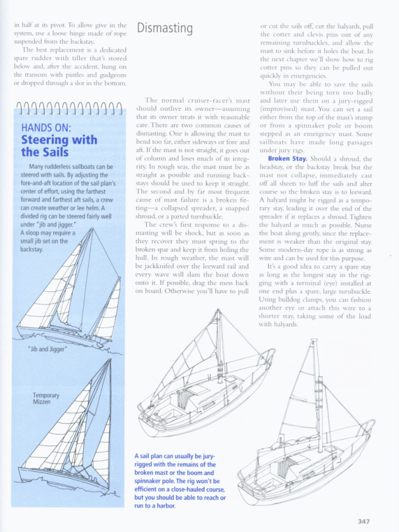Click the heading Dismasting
(165, 28)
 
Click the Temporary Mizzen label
(46, 398)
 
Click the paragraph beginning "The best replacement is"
(70, 66)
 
